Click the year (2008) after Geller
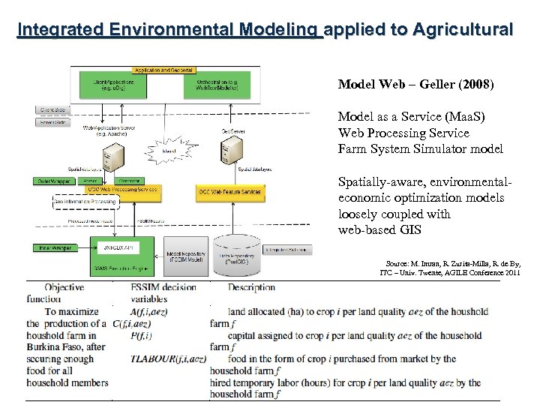tap(472, 85)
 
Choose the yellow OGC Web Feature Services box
tap(229, 192)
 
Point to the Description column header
tap(252, 287)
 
